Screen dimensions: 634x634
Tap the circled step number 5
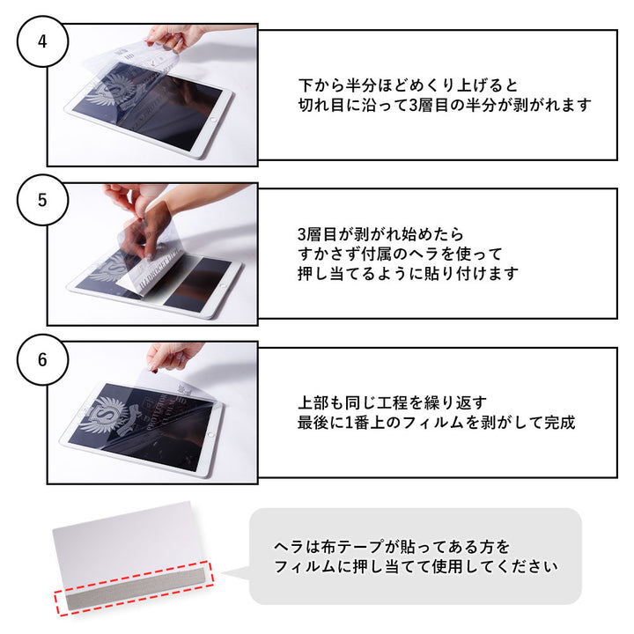[x=42, y=200]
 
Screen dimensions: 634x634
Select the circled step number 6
[x=42, y=359]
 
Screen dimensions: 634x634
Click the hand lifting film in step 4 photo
[x=176, y=35]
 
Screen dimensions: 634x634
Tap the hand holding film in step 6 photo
[x=173, y=355]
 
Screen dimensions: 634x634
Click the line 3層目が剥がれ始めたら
[x=380, y=235]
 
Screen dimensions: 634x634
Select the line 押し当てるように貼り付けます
[x=408, y=274]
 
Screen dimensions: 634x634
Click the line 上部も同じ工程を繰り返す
[x=392, y=402]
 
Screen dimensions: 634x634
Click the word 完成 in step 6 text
[x=559, y=422]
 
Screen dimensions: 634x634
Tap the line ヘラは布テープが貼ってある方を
[x=392, y=547]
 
